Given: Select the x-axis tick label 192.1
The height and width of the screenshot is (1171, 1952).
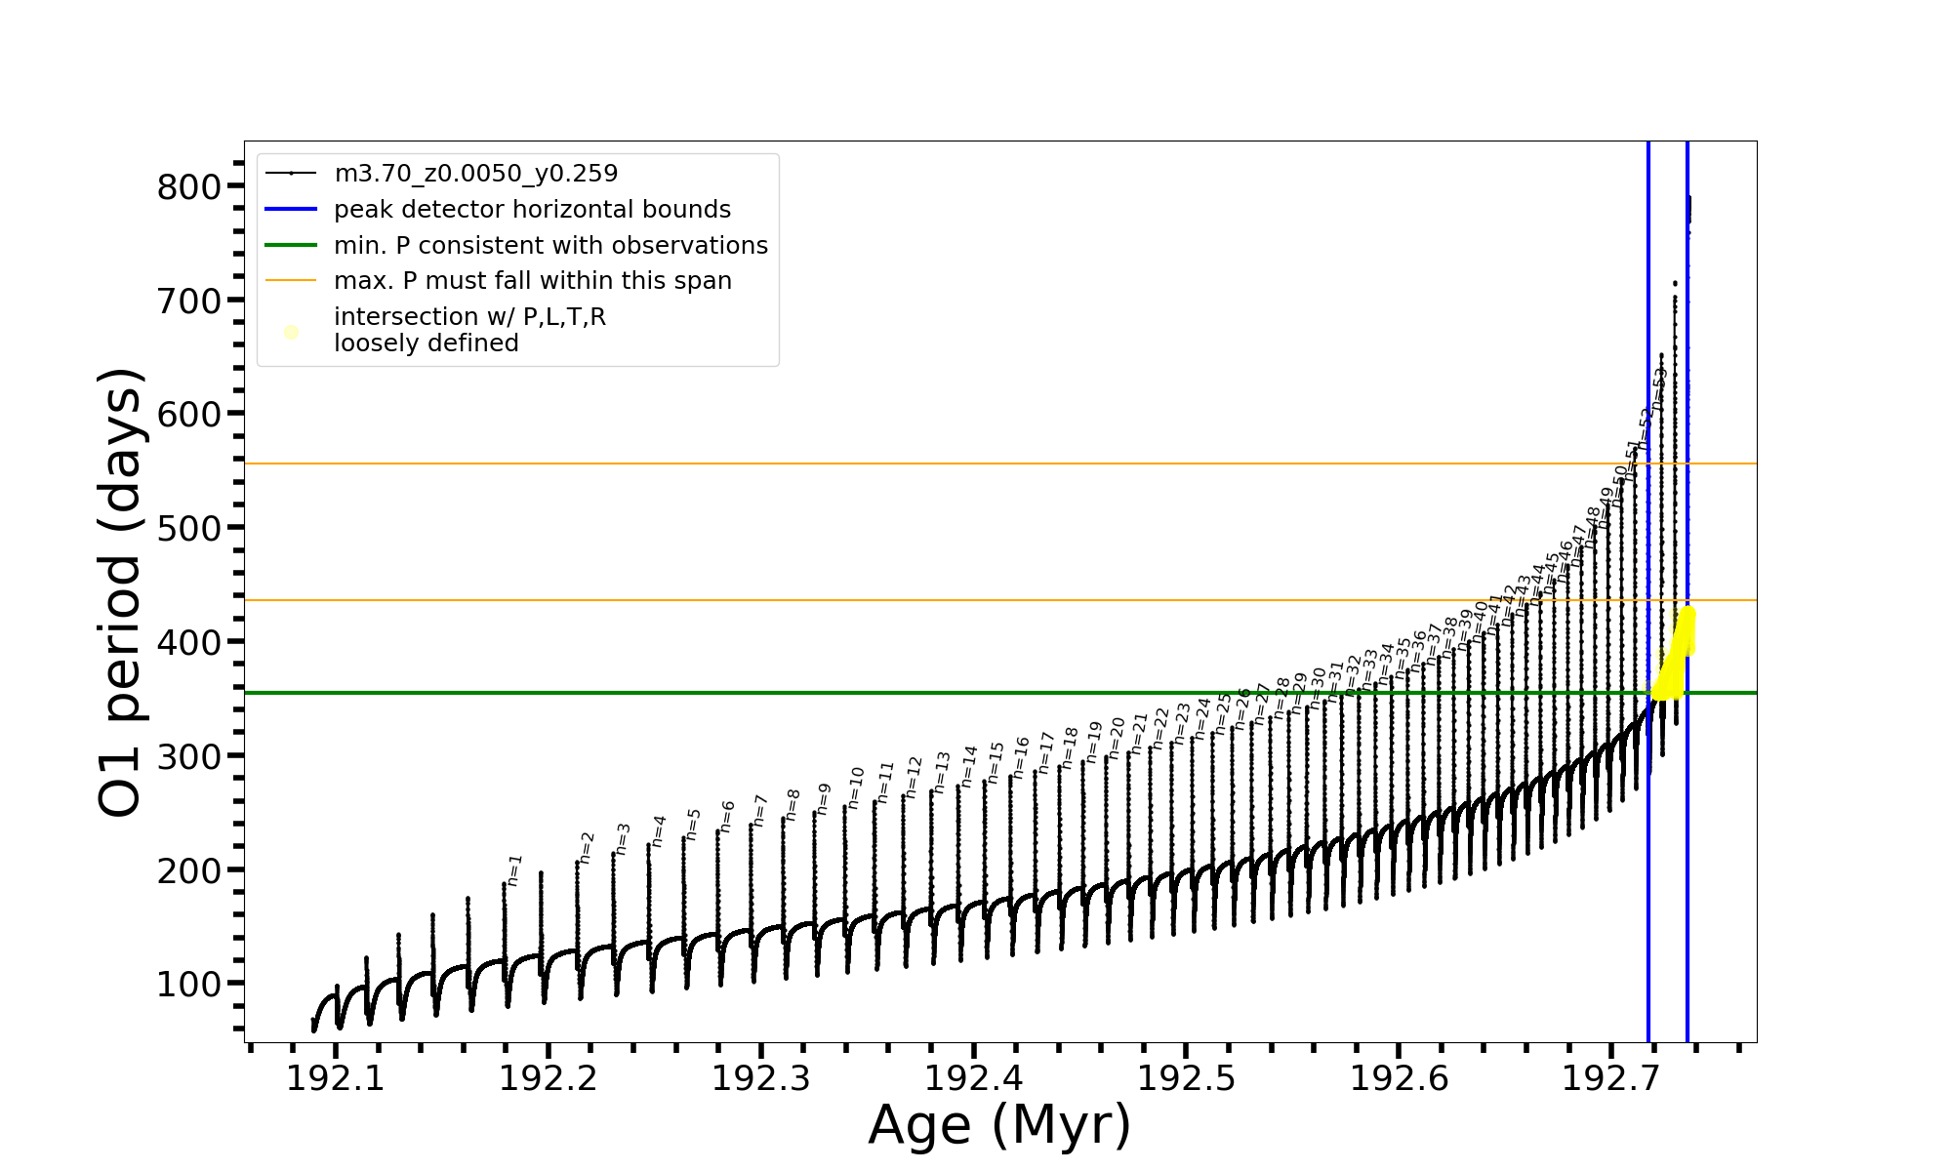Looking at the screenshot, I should tap(335, 1078).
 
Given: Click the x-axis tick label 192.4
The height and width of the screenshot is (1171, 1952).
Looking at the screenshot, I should tap(973, 1078).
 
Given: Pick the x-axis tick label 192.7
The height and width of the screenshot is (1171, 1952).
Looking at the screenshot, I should tap(1610, 1078).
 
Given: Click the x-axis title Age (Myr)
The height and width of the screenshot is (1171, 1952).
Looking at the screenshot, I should tap(999, 1125).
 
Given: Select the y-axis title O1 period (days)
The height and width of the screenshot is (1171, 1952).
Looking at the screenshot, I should tap(121, 592).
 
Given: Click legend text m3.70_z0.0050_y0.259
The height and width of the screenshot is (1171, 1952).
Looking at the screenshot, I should tap(475, 174).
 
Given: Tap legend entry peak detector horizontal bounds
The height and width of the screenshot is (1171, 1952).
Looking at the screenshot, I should tap(532, 210).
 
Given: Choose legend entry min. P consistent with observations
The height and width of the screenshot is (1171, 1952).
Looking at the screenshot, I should tap(550, 246).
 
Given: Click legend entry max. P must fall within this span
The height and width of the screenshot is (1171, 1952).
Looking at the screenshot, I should tap(532, 281).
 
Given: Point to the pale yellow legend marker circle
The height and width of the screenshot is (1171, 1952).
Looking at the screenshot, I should tap(291, 333).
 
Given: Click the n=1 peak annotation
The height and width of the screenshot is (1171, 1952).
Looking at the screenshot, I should tap(515, 869).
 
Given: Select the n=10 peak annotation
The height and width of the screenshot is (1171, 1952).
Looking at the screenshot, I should tap(856, 787).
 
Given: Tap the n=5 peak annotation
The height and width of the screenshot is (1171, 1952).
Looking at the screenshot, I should tap(693, 824).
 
